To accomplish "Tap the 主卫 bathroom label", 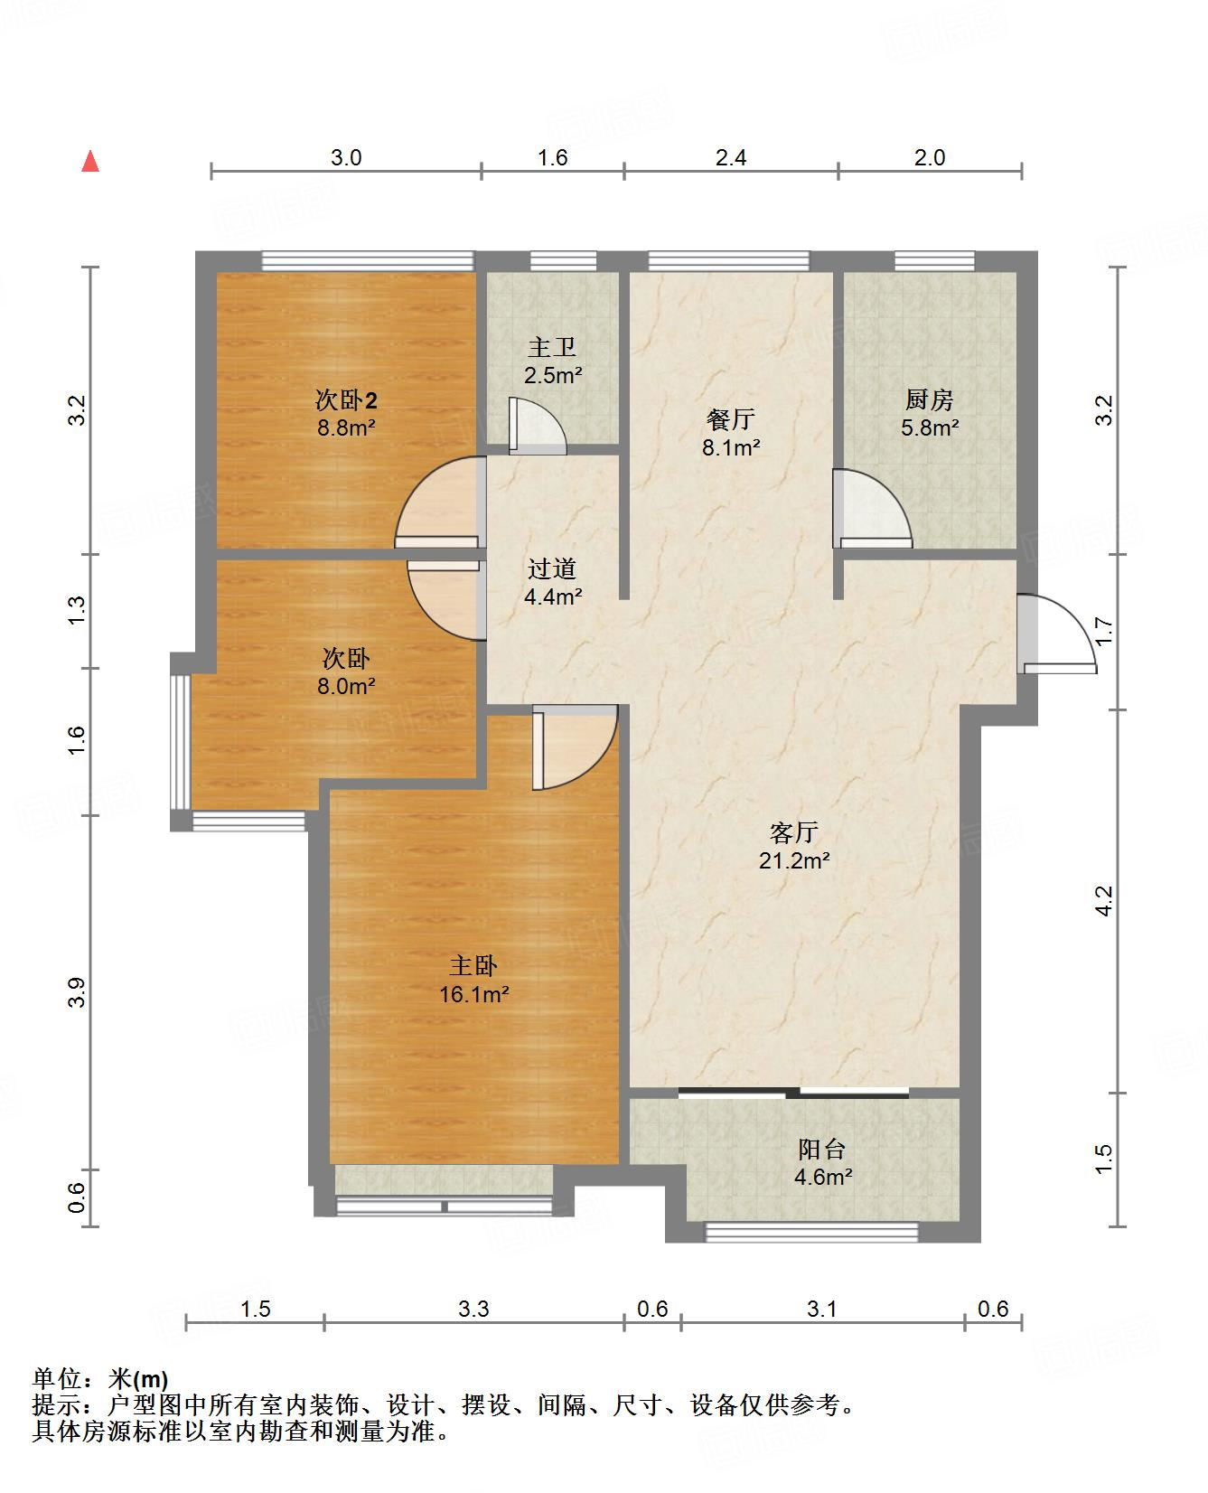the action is (x=552, y=347).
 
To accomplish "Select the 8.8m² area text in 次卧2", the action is (x=346, y=427).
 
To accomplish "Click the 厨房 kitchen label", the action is (x=929, y=399).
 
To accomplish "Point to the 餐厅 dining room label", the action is (x=731, y=419).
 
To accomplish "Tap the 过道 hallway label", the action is (x=552, y=569).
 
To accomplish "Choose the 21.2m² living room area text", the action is (x=794, y=860).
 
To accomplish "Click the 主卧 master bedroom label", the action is (x=473, y=967).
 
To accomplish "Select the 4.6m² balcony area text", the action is (x=823, y=1177).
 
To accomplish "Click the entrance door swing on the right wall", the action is (x=1055, y=634).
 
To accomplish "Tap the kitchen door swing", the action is (x=872, y=509).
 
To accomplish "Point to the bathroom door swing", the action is (x=538, y=426).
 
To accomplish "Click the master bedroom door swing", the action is (x=575, y=747).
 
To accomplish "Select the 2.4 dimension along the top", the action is (x=731, y=157).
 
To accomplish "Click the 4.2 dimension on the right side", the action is (x=1104, y=901).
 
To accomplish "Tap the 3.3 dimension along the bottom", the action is (x=473, y=1309).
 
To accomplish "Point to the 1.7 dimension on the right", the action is (x=1104, y=631).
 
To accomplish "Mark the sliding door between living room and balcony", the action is (x=793, y=1094).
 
